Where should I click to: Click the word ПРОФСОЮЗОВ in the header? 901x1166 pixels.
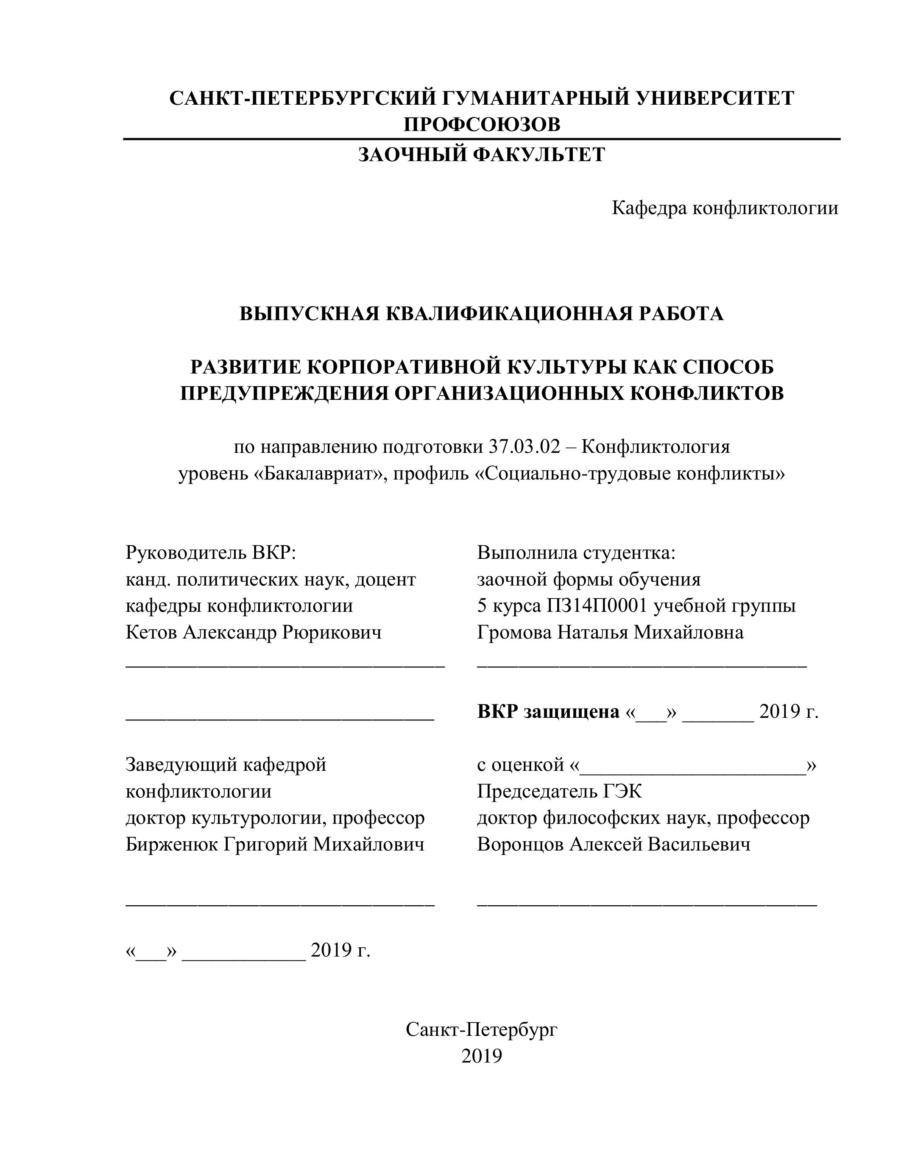coord(482,124)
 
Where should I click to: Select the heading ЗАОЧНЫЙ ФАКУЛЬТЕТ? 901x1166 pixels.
coord(482,155)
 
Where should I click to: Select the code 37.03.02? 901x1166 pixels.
coord(524,447)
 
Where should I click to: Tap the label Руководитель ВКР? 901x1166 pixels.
coord(210,552)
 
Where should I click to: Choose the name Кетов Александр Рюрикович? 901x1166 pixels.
coord(254,633)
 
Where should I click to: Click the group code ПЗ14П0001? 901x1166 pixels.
coord(597,606)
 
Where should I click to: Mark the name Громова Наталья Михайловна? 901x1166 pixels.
coord(610,633)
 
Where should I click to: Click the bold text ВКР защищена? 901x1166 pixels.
coord(548,711)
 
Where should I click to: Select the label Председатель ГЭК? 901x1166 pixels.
coord(559,791)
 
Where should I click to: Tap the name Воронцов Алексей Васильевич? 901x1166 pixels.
coord(613,845)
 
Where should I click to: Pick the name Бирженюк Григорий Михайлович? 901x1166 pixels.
coord(275,845)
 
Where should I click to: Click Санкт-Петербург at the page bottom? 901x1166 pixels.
coord(482,1029)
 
